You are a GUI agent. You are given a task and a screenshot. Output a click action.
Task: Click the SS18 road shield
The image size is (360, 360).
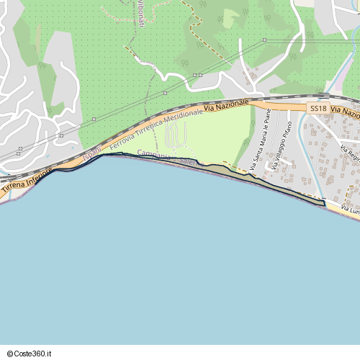[x=318, y=107]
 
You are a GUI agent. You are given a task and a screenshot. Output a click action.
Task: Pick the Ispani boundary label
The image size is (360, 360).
[x=91, y=152]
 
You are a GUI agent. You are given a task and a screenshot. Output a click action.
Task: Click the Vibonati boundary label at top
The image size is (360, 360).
[x=140, y=14]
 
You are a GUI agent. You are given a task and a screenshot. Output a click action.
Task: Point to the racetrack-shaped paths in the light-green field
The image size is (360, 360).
[x=176, y=135]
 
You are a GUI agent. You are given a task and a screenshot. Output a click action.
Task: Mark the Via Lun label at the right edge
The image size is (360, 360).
[x=350, y=210]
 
